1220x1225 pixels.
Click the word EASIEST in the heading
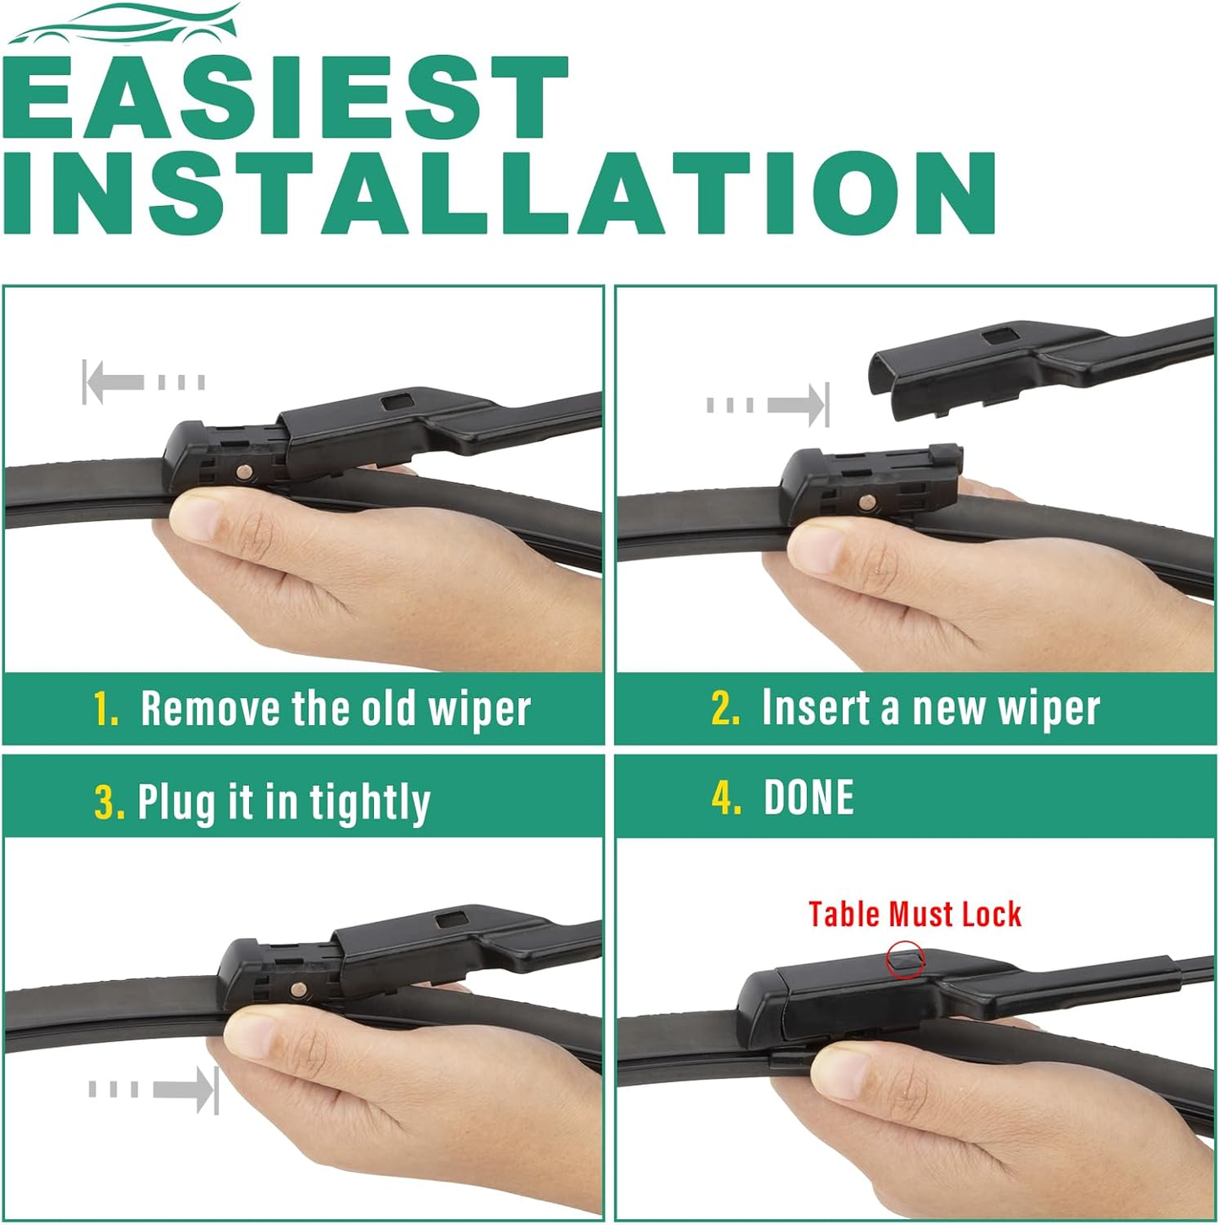click(285, 97)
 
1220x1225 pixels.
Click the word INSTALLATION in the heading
click(499, 193)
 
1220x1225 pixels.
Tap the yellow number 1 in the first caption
click(106, 708)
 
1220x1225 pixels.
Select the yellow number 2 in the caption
click(725, 708)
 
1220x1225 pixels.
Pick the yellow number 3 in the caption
click(109, 802)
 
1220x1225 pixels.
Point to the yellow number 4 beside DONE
click(726, 797)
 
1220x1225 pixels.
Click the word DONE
click(809, 797)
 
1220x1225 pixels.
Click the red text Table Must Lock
click(914, 914)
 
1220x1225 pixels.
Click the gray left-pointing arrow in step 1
click(144, 382)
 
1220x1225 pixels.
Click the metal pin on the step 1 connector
click(245, 472)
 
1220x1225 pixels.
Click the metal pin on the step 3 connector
click(297, 989)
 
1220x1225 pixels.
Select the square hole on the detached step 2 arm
click(1001, 335)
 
